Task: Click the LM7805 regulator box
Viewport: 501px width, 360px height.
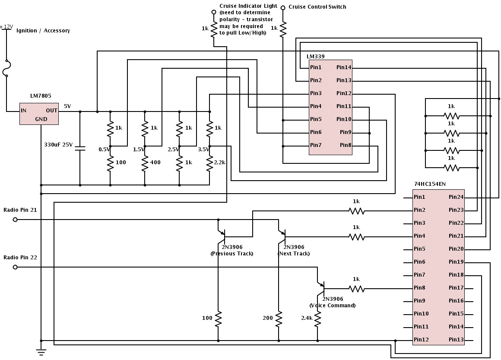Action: [x=39, y=114]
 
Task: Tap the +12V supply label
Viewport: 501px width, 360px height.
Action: [x=6, y=27]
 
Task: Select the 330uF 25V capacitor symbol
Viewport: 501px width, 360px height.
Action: [x=80, y=148]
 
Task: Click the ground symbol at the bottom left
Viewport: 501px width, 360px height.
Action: [x=41, y=351]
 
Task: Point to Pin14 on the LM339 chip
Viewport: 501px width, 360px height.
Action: [x=344, y=67]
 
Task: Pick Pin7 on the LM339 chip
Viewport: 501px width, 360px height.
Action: [x=316, y=145]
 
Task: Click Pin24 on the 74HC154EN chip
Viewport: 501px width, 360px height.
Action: [x=456, y=197]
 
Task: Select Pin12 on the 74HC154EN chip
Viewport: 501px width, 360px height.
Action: [x=421, y=340]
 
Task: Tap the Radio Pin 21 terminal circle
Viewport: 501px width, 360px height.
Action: [x=15, y=220]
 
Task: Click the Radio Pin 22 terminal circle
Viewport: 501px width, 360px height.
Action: [x=15, y=267]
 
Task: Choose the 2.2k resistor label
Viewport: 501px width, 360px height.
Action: [x=220, y=162]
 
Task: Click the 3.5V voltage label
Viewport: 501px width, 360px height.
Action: [x=203, y=149]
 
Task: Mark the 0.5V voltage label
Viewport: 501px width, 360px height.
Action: [x=104, y=149]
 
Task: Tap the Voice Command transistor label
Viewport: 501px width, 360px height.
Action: [x=333, y=306]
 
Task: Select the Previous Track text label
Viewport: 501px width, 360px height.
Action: [x=232, y=254]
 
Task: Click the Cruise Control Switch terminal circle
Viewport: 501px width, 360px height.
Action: [x=283, y=8]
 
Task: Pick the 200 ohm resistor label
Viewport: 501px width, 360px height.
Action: [x=268, y=318]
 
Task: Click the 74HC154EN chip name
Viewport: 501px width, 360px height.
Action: [x=430, y=184]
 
